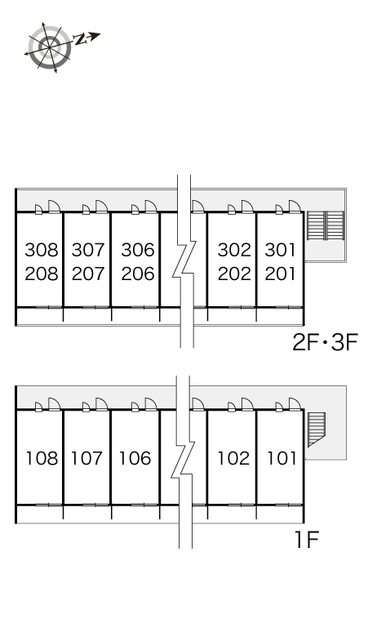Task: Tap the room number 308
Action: tap(42, 250)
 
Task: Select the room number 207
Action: tap(88, 274)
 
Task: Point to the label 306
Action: tap(138, 250)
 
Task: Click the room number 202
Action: tap(234, 274)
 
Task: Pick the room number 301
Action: tap(281, 250)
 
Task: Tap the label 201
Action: tap(281, 274)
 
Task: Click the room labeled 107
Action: tap(87, 458)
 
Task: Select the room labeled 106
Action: tap(135, 458)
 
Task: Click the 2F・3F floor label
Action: tap(325, 344)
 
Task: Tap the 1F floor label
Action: tap(307, 540)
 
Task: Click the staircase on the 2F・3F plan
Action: tap(326, 225)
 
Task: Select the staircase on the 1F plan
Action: tap(317, 429)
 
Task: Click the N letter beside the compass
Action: tap(80, 39)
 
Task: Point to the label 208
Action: tap(42, 274)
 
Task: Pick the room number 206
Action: tap(138, 274)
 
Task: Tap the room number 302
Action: tap(234, 250)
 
